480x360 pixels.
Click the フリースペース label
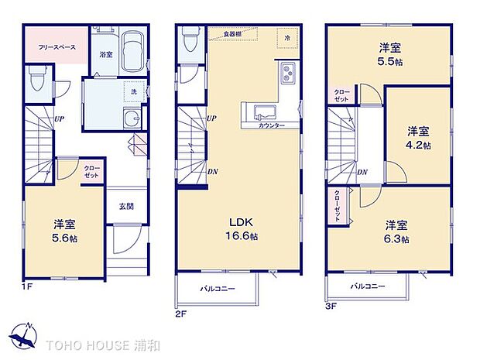pyautogui.click(x=57, y=47)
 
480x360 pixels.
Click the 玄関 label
pyautogui.click(x=126, y=206)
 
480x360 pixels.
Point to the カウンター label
pyautogui.click(x=270, y=125)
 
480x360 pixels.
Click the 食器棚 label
pyautogui.click(x=233, y=35)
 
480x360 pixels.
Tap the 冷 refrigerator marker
pyautogui.click(x=287, y=38)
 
